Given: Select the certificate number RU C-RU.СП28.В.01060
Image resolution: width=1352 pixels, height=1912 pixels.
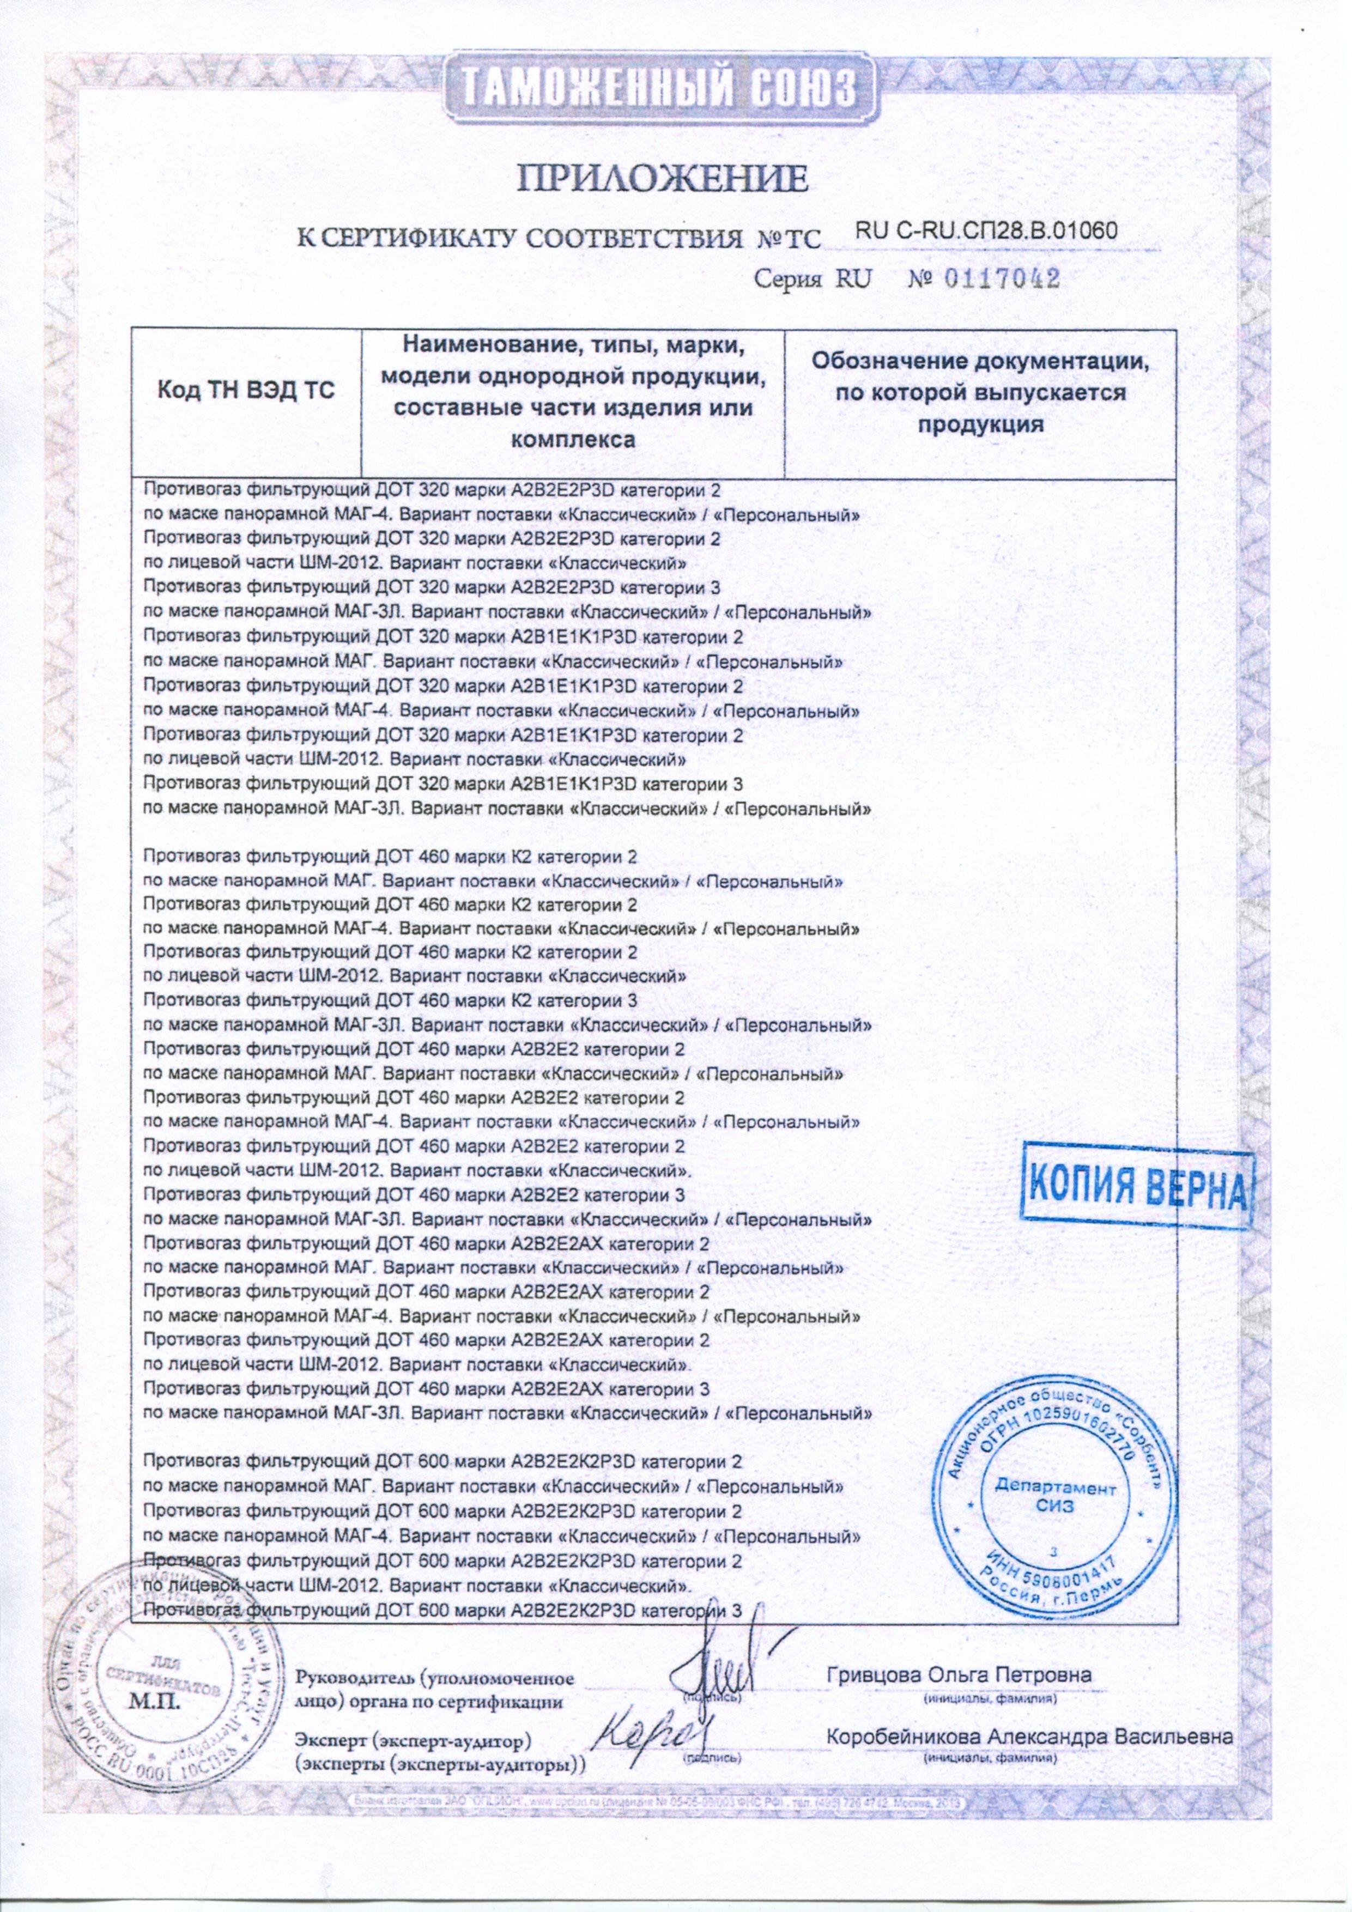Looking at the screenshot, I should click(985, 232).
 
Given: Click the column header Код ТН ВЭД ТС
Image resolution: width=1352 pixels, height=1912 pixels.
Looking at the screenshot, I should click(247, 391).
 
